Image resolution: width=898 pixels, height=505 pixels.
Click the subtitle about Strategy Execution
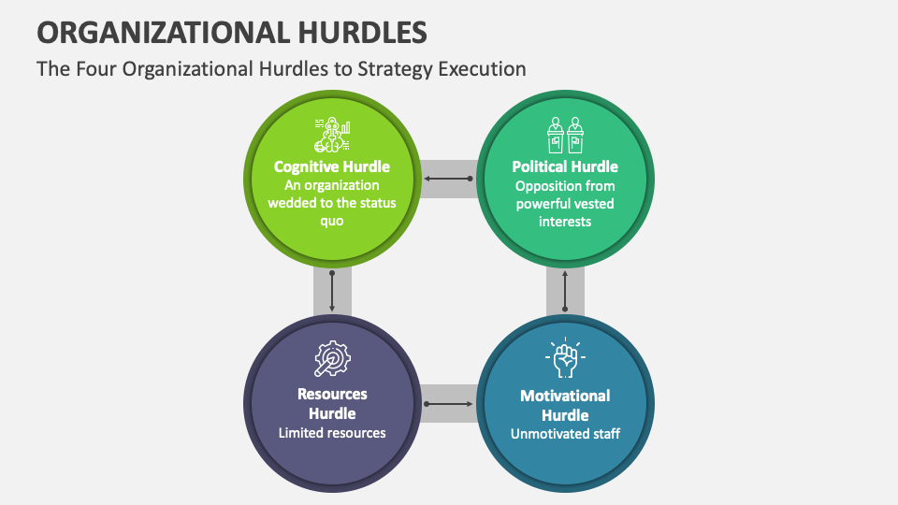click(x=281, y=69)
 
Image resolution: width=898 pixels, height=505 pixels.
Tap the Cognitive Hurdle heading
click(x=332, y=166)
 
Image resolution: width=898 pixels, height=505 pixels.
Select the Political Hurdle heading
click(x=565, y=166)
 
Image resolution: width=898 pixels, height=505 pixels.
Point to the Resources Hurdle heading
click(x=332, y=404)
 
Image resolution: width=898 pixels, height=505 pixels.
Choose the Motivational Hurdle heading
click(x=565, y=405)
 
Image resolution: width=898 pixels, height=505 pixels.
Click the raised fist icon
click(x=565, y=358)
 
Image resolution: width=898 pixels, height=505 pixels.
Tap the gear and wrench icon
click(x=332, y=359)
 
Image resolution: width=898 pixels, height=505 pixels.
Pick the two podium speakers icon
click(x=565, y=135)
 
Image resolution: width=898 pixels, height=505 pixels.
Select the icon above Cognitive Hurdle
click(x=332, y=135)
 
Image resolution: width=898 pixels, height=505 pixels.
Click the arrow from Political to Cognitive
click(x=449, y=178)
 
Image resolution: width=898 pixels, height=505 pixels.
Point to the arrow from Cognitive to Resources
click(x=332, y=293)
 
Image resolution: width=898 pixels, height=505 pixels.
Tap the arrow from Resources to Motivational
click(x=449, y=404)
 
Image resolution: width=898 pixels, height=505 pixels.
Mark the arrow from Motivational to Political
click(x=565, y=292)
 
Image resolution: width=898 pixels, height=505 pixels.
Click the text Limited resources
click(x=332, y=433)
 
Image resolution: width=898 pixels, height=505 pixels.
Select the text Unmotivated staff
click(x=565, y=434)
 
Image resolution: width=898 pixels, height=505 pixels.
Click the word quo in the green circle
click(x=332, y=222)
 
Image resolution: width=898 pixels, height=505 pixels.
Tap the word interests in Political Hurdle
click(x=565, y=222)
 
